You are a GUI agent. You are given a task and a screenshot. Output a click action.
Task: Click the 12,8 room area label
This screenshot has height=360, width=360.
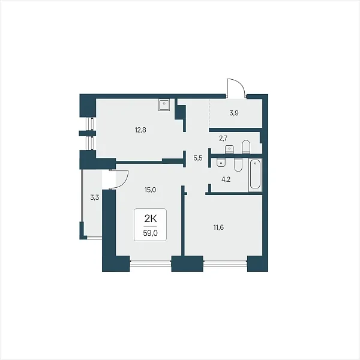coord(140,130)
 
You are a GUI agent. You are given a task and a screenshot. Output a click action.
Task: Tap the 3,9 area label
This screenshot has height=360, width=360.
coord(234,113)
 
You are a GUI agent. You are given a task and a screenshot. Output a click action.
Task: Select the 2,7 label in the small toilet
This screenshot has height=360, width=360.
coord(223,139)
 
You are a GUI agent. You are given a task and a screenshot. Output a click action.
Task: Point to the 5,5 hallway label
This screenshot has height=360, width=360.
coord(198,158)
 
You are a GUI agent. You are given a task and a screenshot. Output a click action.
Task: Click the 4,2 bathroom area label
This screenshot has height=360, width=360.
coord(226,179)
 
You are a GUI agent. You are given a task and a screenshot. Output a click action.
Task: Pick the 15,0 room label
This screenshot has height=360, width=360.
coord(151,190)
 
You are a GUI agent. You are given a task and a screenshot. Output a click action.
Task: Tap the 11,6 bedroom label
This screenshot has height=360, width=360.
coord(218,227)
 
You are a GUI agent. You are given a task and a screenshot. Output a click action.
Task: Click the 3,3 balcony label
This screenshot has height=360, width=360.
coord(95,197)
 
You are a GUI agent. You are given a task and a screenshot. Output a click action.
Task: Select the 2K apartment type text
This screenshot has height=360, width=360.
coord(151,219)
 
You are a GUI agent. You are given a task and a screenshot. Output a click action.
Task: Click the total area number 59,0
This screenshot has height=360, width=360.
coord(151,233)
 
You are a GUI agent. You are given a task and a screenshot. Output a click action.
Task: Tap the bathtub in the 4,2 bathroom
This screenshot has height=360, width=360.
coord(256,175)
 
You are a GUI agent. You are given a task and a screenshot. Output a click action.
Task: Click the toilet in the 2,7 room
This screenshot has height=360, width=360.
coord(245,146)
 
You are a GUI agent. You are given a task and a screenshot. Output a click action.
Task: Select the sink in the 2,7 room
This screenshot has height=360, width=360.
coord(229,149)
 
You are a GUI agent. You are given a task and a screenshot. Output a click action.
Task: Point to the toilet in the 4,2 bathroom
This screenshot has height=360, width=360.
coord(238,164)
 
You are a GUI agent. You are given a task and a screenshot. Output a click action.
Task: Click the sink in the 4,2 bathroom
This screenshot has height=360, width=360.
coord(221,162)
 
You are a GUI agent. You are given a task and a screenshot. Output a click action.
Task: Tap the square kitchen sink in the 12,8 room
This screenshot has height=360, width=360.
coord(164,105)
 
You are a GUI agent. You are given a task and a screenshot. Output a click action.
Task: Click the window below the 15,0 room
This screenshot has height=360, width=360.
coord(151,263)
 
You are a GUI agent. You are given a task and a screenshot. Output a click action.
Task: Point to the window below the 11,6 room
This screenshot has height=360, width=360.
coord(225,263)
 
